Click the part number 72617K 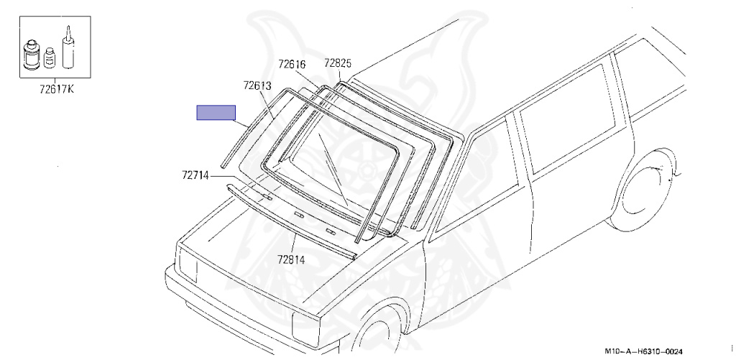click(56, 89)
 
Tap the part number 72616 click(292, 64)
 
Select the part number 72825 click(338, 64)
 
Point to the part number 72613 click(258, 86)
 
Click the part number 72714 click(195, 175)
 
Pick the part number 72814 click(291, 259)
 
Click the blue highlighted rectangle click(216, 113)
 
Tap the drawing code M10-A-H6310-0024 click(643, 351)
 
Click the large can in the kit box click(32, 55)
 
